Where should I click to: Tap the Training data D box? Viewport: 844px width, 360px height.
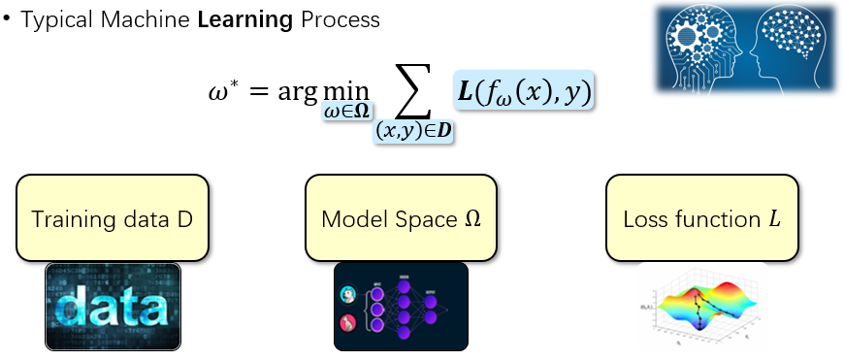pyautogui.click(x=113, y=218)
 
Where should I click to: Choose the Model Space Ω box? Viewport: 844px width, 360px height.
pyautogui.click(x=402, y=218)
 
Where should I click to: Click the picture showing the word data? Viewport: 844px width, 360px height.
pyautogui.click(x=113, y=306)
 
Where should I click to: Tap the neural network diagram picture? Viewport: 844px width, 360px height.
pyautogui.click(x=401, y=306)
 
